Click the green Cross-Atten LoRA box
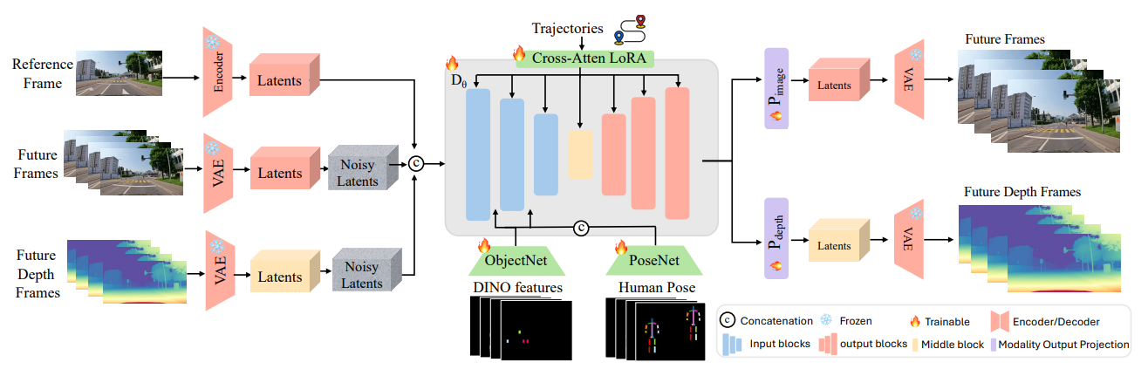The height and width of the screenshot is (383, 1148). (584, 58)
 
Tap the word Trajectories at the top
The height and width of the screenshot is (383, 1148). (567, 29)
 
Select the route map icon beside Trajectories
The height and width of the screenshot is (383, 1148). (630, 28)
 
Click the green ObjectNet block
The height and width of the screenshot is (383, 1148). (516, 259)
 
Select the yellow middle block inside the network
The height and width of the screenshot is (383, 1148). (580, 155)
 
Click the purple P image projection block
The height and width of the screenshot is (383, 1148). (776, 88)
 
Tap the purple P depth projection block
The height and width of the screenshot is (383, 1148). (776, 238)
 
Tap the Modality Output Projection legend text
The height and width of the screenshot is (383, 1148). (1063, 345)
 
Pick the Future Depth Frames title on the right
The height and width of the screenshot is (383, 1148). (1022, 191)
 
